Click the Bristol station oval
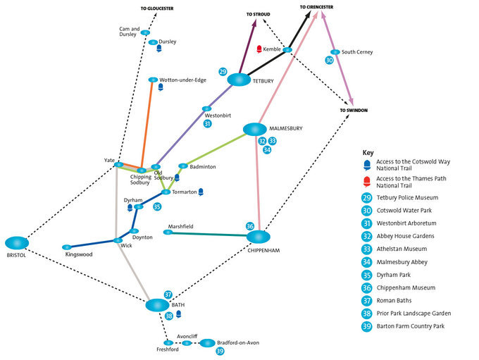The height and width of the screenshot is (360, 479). pyautogui.click(x=17, y=243)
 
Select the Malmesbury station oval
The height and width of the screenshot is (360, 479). pyautogui.click(x=254, y=130)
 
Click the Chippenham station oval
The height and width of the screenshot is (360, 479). pyautogui.click(x=259, y=237)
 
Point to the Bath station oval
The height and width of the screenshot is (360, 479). pyautogui.click(x=158, y=305)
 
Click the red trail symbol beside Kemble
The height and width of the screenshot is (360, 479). pyautogui.click(x=259, y=49)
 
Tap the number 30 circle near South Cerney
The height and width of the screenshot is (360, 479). pyautogui.click(x=329, y=61)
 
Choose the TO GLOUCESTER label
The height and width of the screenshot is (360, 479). pyautogui.click(x=156, y=9)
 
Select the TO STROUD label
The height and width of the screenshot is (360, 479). pyautogui.click(x=258, y=14)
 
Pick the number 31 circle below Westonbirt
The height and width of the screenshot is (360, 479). pyautogui.click(x=208, y=124)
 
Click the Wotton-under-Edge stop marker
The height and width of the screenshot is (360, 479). pyautogui.click(x=153, y=80)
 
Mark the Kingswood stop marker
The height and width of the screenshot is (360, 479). pyautogui.click(x=66, y=247)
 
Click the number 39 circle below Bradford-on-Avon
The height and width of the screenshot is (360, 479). pyautogui.click(x=220, y=352)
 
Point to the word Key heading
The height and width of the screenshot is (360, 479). pyautogui.click(x=368, y=152)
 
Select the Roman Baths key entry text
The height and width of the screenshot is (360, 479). pyautogui.click(x=396, y=300)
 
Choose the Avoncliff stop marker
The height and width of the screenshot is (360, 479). pyautogui.click(x=187, y=343)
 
